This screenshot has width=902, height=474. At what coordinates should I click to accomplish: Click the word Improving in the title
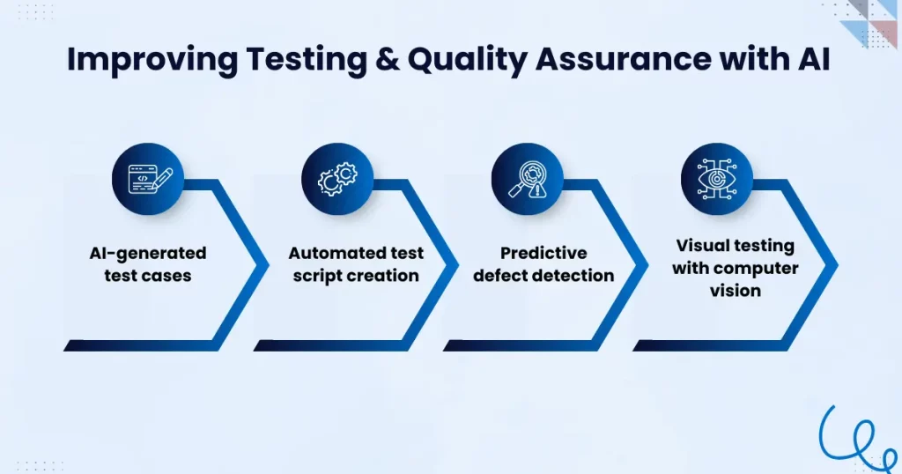[152, 60]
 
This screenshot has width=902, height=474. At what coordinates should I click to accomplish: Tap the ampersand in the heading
[388, 59]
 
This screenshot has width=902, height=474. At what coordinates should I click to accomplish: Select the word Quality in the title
[467, 60]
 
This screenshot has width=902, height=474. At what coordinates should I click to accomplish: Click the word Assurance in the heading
[623, 59]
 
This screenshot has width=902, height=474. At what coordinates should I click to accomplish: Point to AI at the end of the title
[814, 59]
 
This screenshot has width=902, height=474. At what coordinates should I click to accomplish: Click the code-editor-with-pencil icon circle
[148, 179]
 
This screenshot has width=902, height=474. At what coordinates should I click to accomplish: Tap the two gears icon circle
[337, 179]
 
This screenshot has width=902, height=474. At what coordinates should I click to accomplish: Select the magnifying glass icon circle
[528, 179]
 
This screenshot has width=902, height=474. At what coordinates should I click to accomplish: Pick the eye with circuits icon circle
[717, 179]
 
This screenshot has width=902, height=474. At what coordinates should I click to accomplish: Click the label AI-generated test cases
[148, 264]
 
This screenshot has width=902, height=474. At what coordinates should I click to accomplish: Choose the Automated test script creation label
[356, 264]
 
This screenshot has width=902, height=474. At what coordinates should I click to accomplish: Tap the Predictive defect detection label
[543, 264]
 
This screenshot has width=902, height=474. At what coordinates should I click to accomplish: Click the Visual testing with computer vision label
[736, 268]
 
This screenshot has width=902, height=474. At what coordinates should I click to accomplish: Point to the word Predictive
[543, 253]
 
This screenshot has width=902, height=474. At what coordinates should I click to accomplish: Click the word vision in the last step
[736, 291]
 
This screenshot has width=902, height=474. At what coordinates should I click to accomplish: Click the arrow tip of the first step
[269, 265]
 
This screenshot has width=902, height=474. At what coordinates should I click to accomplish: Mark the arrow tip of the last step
[838, 265]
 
